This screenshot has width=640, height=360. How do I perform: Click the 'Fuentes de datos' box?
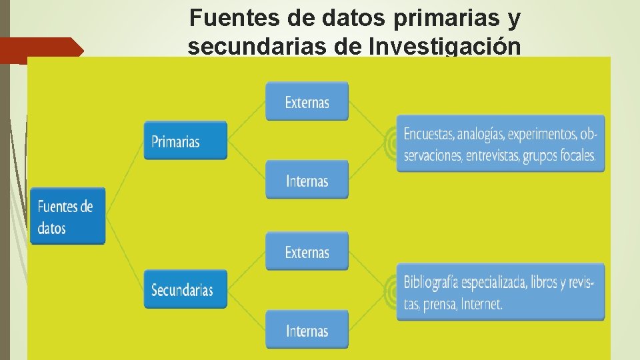(x=67, y=217)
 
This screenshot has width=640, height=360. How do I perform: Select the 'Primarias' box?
(x=185, y=141)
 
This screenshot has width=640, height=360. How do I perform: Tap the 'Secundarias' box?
(x=185, y=289)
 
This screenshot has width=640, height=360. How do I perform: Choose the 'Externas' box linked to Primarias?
(x=307, y=102)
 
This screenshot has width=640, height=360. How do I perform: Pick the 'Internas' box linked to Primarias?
(x=307, y=180)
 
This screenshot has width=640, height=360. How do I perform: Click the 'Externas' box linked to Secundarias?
(x=307, y=252)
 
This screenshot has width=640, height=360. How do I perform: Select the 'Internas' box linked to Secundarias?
(x=307, y=330)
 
